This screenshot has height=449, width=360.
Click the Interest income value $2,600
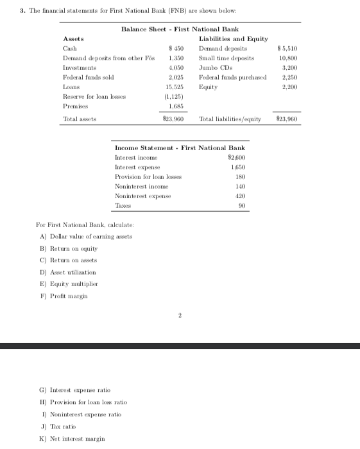tap(237, 157)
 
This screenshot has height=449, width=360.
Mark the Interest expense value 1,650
tap(238, 167)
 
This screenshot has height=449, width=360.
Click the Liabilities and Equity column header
tap(234, 40)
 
